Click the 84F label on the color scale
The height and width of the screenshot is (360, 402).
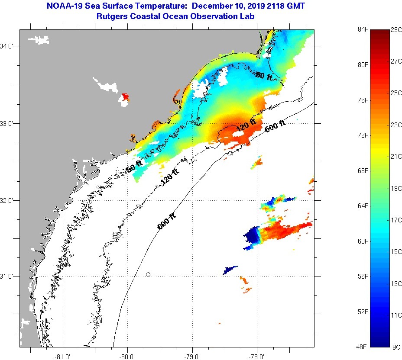pyautogui.click(x=362, y=29)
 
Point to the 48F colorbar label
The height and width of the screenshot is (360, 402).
pyautogui.click(x=362, y=347)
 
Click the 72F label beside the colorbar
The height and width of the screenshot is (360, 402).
pyautogui.click(x=362, y=135)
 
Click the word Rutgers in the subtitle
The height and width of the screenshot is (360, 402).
pyautogui.click(x=112, y=16)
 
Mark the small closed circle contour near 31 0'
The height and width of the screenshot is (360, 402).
pyautogui.click(x=148, y=274)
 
